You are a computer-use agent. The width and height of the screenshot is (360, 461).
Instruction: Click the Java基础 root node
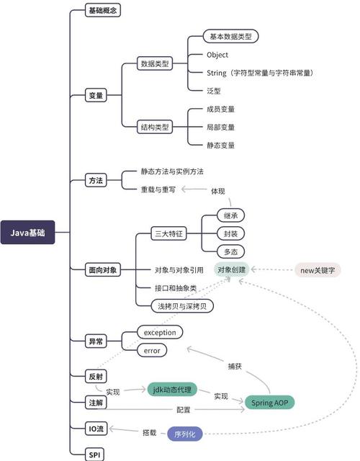click(27, 233)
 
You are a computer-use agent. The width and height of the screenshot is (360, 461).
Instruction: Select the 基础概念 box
click(104, 11)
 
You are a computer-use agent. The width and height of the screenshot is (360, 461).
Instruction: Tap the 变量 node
click(96, 95)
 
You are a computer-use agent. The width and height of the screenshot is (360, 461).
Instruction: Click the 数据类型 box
click(155, 63)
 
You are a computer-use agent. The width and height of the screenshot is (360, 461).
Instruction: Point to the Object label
click(217, 55)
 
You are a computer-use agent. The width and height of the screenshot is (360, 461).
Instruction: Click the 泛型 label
click(215, 91)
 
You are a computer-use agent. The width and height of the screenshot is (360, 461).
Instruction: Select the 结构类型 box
click(155, 127)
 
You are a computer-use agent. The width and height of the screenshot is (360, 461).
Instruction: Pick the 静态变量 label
click(220, 145)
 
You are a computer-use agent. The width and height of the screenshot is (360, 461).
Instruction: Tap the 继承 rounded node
click(233, 216)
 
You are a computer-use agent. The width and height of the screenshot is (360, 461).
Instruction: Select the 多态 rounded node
click(233, 251)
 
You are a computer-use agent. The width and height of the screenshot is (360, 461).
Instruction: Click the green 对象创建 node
click(232, 270)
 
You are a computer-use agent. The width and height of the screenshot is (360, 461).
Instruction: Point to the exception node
click(160, 332)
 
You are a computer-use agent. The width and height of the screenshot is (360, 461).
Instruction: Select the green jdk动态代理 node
click(172, 390)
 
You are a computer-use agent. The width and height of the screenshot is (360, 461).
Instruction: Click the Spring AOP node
click(270, 402)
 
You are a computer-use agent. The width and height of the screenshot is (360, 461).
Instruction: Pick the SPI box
click(94, 455)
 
